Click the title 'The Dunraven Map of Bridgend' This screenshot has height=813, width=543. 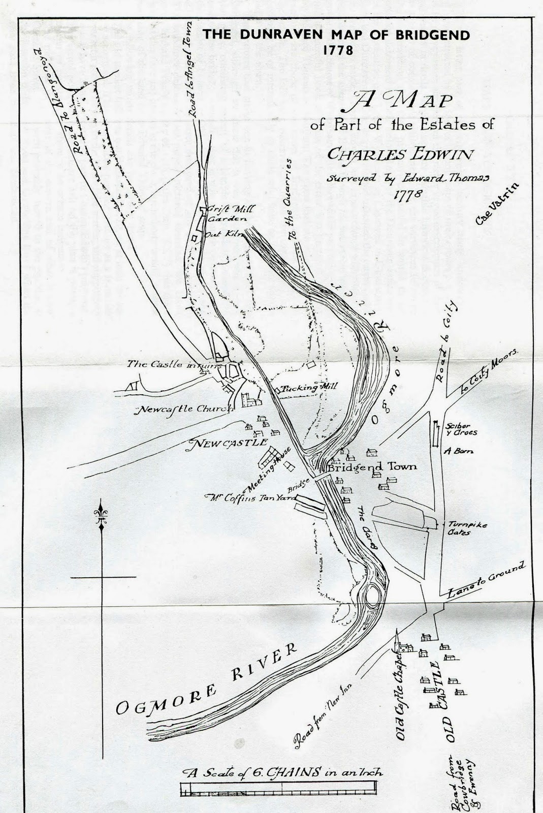[336, 35]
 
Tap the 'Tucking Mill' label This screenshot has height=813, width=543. [310, 387]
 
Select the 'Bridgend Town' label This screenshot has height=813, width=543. [372, 466]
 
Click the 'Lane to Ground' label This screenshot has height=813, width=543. [485, 580]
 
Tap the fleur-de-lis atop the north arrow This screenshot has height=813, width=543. [101, 514]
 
